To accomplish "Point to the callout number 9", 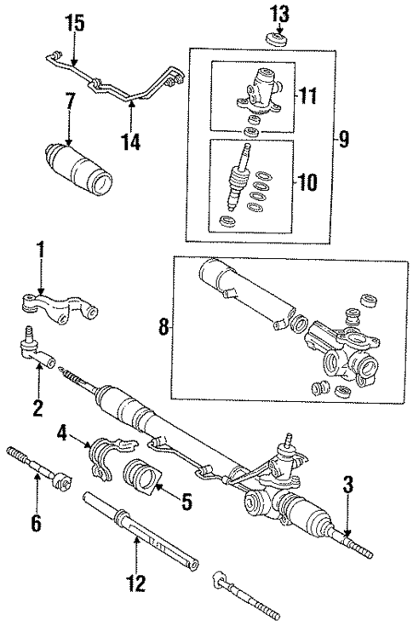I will tap(343, 139).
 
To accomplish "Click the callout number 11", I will tap(307, 94).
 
